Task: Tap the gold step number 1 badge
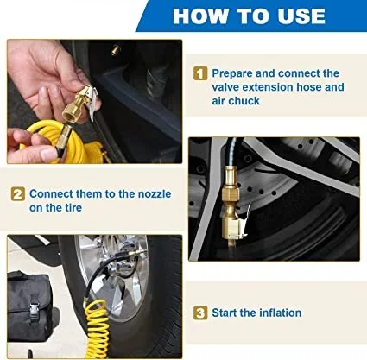200,73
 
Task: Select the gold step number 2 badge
18,194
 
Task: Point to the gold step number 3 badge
200,313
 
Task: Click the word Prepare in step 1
232,74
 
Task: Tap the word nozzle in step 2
155,193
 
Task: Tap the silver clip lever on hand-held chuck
93,103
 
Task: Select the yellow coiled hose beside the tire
97,328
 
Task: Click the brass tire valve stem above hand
116,50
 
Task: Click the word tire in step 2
73,207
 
